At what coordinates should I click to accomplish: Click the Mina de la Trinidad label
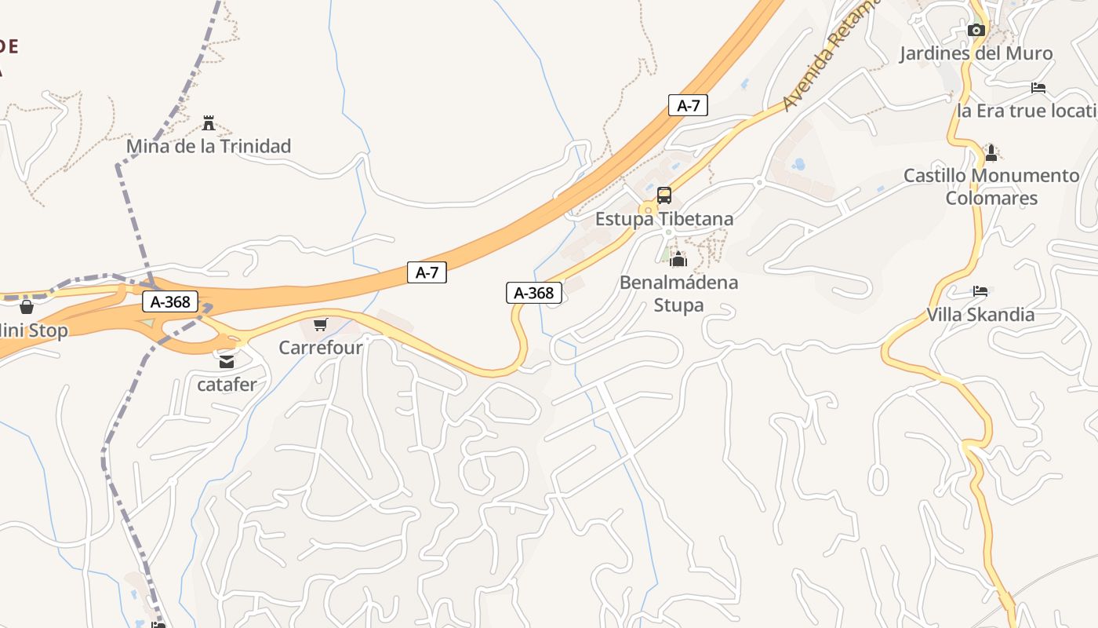[x=209, y=146]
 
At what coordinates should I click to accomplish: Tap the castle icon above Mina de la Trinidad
[x=209, y=123]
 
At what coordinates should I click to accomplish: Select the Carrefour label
[x=321, y=347]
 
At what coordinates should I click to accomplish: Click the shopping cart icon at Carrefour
[x=320, y=324]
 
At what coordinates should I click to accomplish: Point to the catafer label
[x=227, y=385]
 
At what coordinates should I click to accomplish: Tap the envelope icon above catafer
[x=227, y=362]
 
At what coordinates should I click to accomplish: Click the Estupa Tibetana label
[x=664, y=219]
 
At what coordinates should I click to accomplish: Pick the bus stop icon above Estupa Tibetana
[x=664, y=195]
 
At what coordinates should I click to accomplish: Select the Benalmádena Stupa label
[x=678, y=294]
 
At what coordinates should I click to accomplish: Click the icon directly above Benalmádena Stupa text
[x=678, y=259]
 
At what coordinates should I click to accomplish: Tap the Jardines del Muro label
[x=976, y=53]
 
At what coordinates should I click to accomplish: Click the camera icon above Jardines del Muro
[x=976, y=31]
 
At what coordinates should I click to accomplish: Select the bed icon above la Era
[x=1039, y=88]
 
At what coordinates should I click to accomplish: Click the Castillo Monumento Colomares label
[x=991, y=187]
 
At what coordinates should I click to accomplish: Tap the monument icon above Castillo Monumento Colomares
[x=991, y=152]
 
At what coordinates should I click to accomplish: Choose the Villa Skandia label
[x=980, y=315]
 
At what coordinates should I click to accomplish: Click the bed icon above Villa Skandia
[x=980, y=291]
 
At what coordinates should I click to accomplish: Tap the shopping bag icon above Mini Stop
[x=27, y=307]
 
